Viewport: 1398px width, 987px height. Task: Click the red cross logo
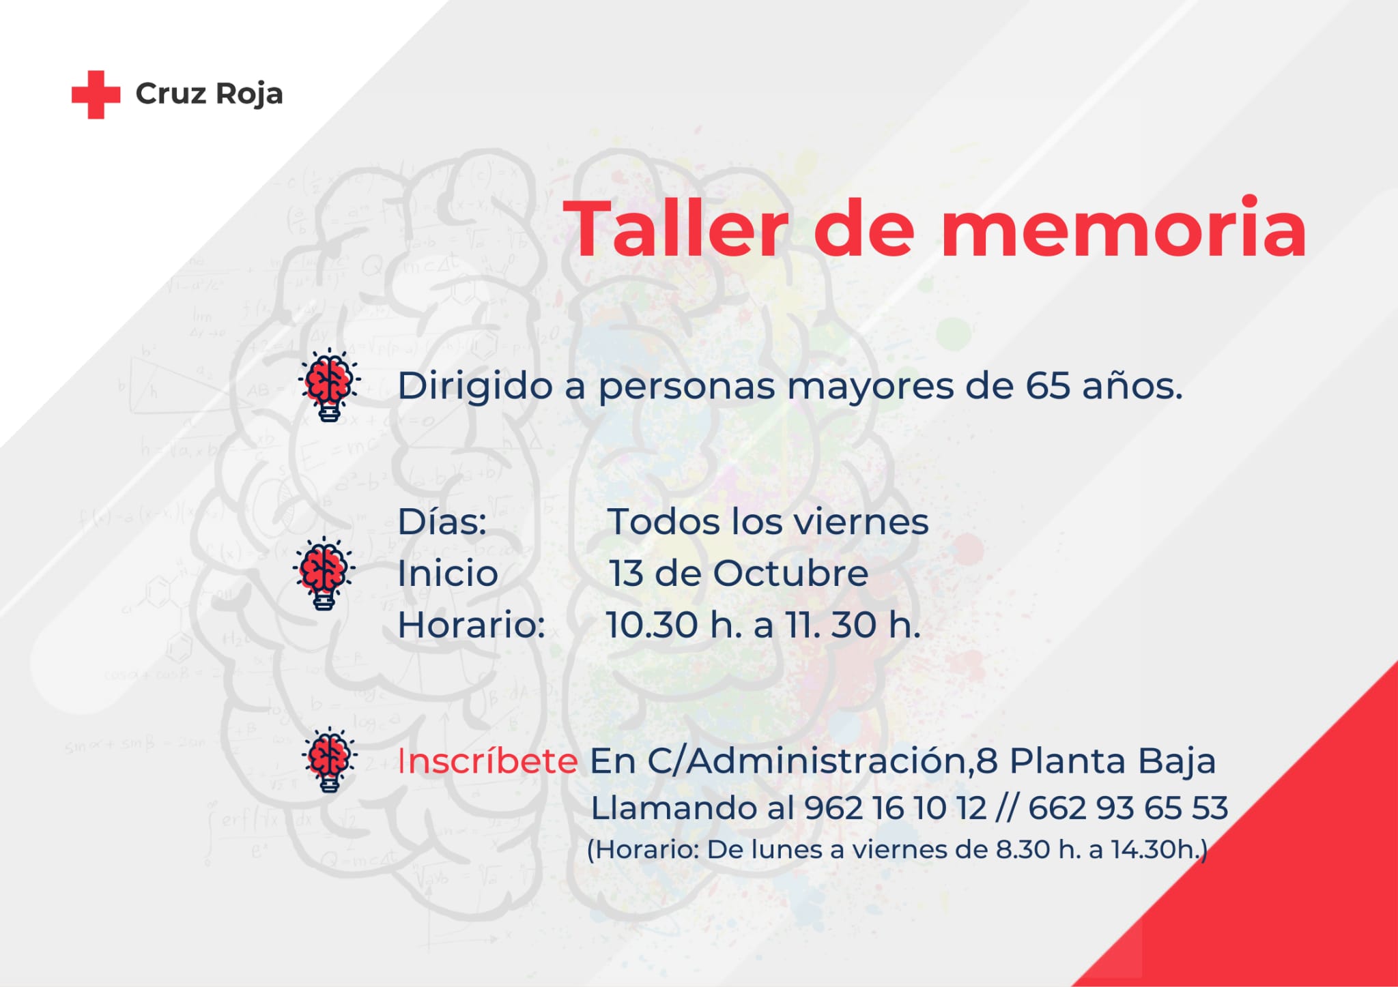[96, 94]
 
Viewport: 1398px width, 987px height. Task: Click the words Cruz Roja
[209, 94]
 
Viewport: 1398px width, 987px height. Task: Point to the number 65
[1047, 386]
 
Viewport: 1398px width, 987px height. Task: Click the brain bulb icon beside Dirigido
[329, 384]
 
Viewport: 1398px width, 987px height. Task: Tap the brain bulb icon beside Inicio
[324, 573]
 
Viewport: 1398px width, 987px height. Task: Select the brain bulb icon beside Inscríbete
[330, 759]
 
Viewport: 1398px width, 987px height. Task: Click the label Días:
[442, 522]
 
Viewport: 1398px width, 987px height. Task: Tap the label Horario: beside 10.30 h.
[472, 625]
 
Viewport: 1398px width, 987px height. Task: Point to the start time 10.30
[652, 625]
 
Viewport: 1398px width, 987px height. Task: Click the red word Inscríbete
[487, 761]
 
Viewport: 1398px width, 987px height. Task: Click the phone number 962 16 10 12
[896, 808]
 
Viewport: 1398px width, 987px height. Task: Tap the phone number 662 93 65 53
[1128, 808]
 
